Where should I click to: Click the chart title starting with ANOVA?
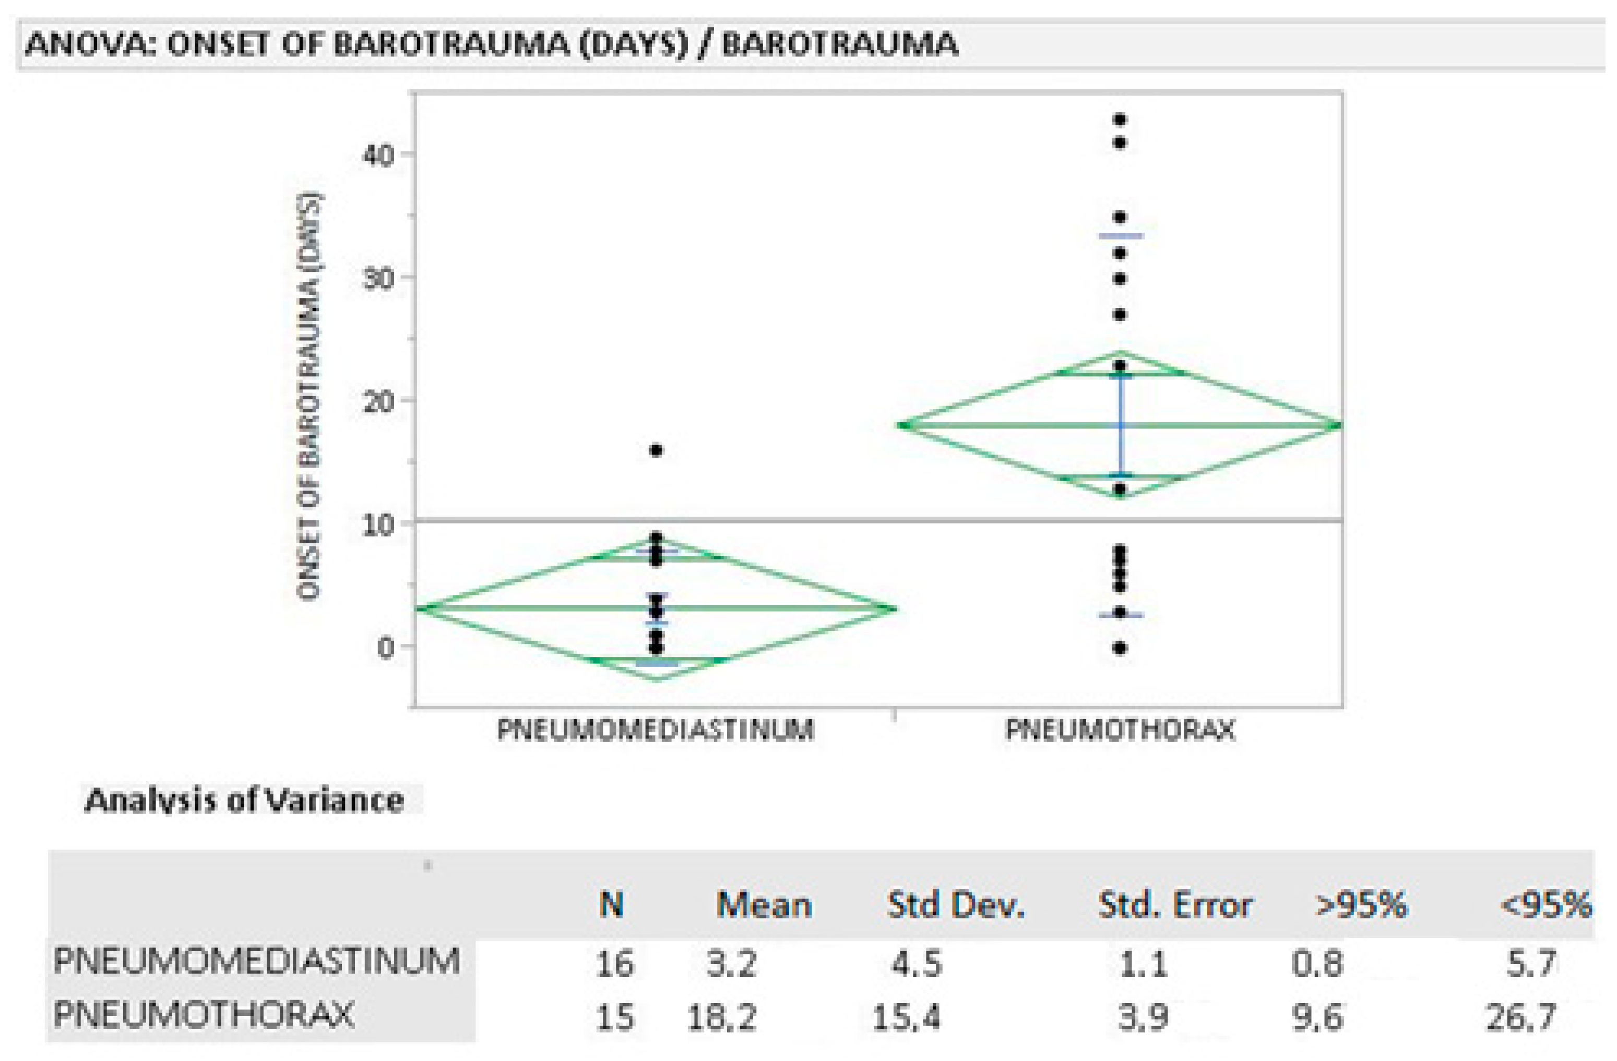point(491,45)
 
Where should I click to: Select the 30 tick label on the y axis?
point(378,279)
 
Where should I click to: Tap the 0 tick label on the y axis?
point(385,647)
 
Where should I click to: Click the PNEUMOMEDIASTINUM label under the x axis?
point(656,730)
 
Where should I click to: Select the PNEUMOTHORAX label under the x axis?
point(1120,730)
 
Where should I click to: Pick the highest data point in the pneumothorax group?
point(1120,120)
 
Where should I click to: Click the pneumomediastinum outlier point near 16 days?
point(656,450)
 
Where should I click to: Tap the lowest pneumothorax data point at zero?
point(1120,648)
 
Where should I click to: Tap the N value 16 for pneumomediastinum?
point(614,964)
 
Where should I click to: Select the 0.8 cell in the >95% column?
point(1317,964)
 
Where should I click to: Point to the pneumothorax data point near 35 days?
point(1120,217)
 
